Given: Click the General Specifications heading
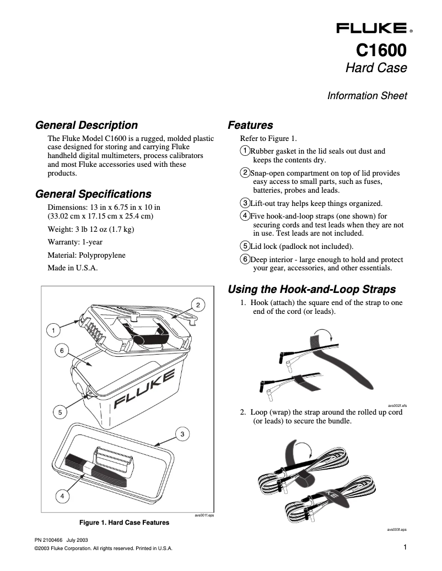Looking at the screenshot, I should point(93,194).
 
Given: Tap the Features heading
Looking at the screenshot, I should point(250,125).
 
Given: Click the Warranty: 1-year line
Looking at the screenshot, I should point(76,242).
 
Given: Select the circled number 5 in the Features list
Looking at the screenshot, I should point(245,246).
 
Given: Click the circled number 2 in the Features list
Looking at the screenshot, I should point(245,173).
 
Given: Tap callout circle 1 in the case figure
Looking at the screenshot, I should point(53,330).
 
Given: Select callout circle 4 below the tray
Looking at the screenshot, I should point(63,496).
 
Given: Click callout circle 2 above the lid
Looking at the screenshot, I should point(198,304).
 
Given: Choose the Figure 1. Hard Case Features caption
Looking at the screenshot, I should point(125,522).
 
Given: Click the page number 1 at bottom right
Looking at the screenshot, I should point(405,547).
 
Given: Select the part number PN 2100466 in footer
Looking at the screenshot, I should point(48,540).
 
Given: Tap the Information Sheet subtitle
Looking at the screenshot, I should point(367,96).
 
